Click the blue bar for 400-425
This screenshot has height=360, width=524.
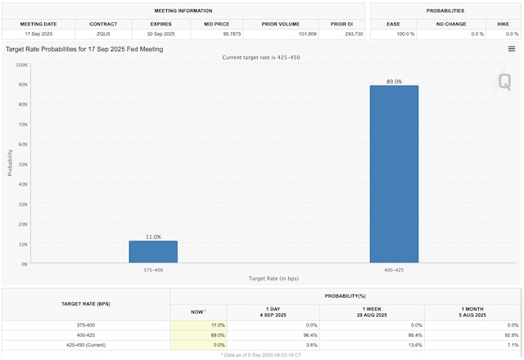click(394, 174)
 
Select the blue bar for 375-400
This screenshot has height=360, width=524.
click(152, 252)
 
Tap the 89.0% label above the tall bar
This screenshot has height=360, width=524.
click(394, 81)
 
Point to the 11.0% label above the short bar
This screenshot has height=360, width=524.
click(152, 236)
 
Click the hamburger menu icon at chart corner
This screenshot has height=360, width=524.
click(512, 49)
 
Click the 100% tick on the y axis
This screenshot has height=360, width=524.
click(23, 65)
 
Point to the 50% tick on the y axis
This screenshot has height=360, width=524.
click(25, 164)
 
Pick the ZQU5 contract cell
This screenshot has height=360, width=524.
click(102, 34)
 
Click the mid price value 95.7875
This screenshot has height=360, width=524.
click(207, 34)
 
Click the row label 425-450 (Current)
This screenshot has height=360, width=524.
click(86, 344)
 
